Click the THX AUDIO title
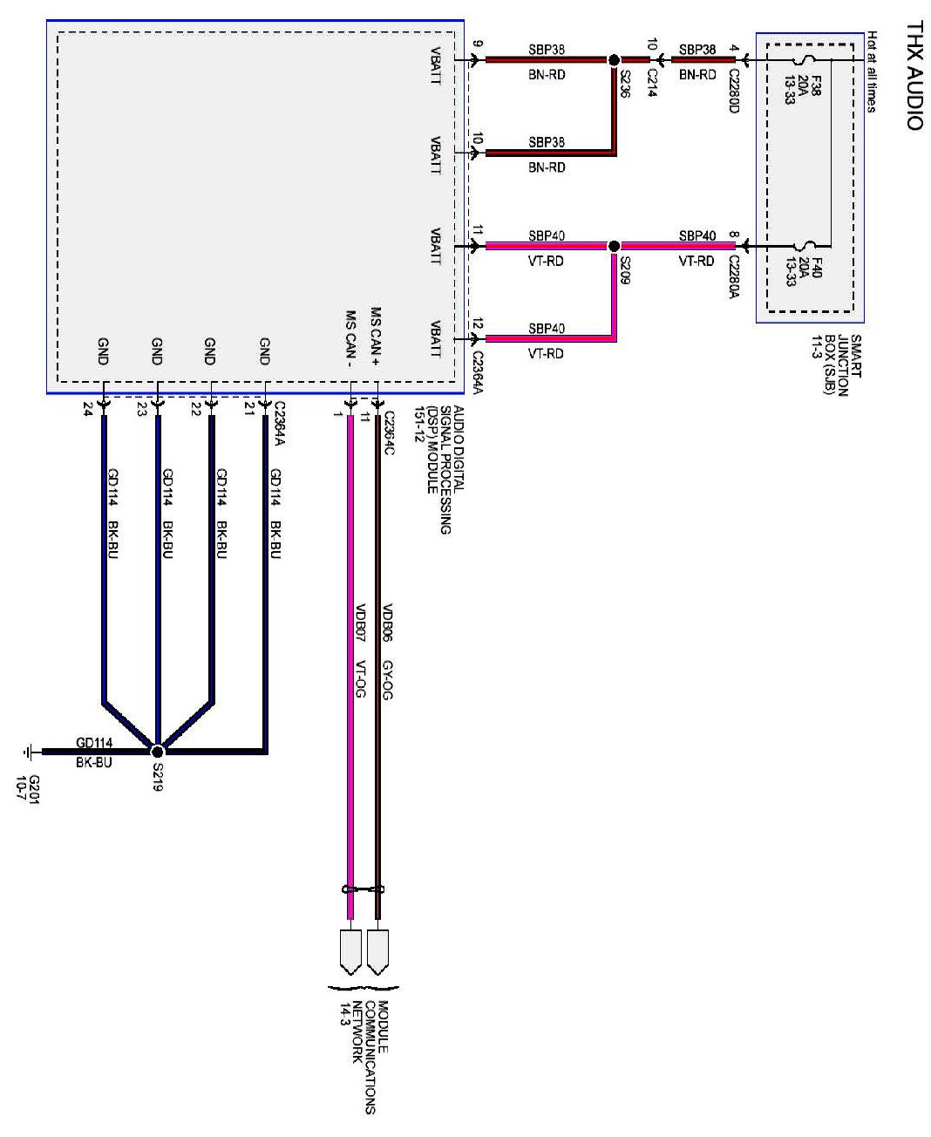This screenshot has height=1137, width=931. pyautogui.click(x=914, y=77)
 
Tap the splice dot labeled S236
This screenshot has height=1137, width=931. pyautogui.click(x=614, y=60)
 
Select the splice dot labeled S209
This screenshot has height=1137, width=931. pyautogui.click(x=614, y=247)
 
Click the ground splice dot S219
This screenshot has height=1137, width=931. pyautogui.click(x=158, y=751)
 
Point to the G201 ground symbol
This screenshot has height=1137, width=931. pyautogui.click(x=29, y=751)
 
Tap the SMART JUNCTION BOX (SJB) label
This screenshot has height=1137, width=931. pyautogui.click(x=842, y=364)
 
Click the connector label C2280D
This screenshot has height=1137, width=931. pyautogui.click(x=733, y=87)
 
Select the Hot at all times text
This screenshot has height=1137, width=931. pyautogui.click(x=871, y=72)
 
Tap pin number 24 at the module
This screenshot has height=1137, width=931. pyautogui.click(x=87, y=407)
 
